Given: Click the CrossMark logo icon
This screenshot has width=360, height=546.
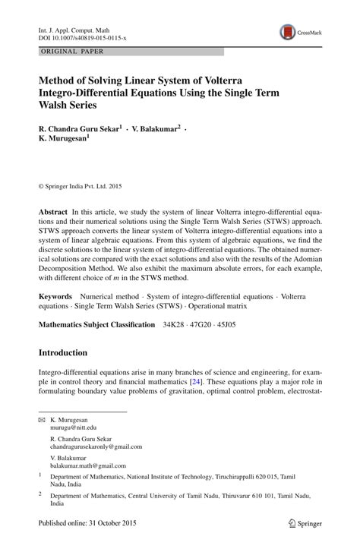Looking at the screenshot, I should click(288, 32).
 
